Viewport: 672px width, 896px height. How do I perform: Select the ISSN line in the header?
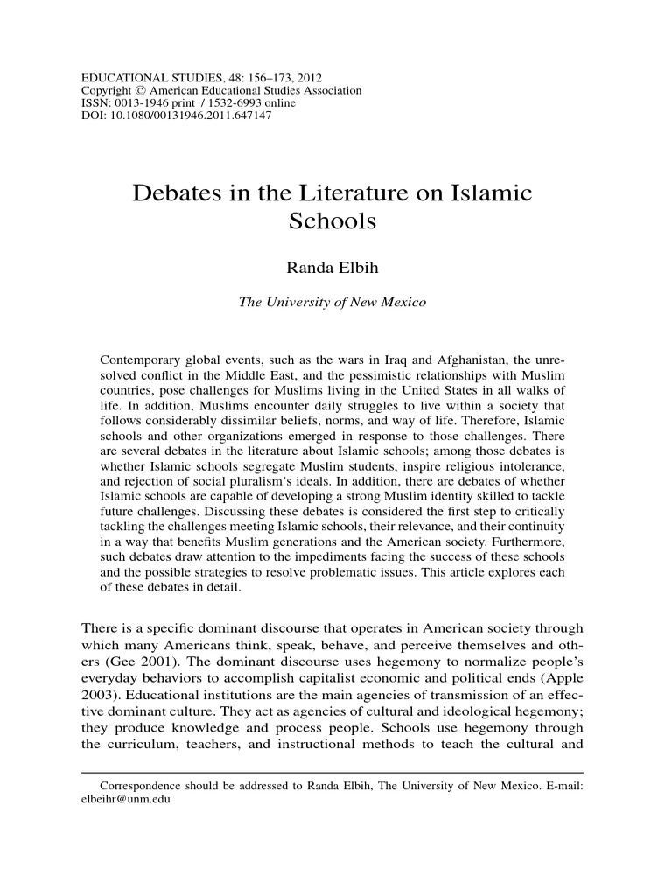coord(188,103)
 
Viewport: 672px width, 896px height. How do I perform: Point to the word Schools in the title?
coord(332,221)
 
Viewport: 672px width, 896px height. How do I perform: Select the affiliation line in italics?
coord(332,303)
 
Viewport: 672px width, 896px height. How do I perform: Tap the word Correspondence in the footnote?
coord(143,786)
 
